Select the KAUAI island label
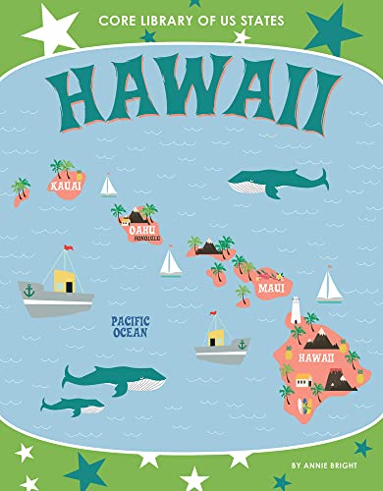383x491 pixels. (x=65, y=183)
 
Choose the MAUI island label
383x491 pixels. (x=269, y=288)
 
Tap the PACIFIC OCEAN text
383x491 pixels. (x=130, y=326)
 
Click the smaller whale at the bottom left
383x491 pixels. (x=72, y=406)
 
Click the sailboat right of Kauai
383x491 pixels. (x=108, y=185)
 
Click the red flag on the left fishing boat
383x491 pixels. (x=68, y=248)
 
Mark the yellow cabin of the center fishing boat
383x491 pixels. (x=215, y=337)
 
